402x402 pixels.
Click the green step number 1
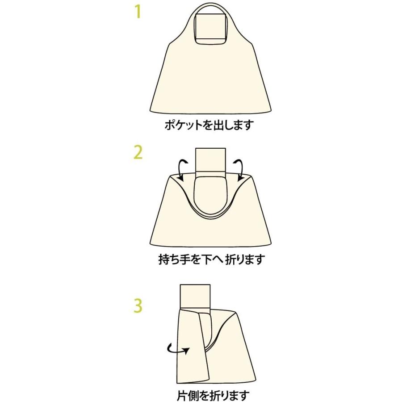pos(138,12)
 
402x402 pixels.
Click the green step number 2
pos(138,153)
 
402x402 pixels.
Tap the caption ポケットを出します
pos(209,126)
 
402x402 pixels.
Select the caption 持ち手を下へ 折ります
pos(211,259)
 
